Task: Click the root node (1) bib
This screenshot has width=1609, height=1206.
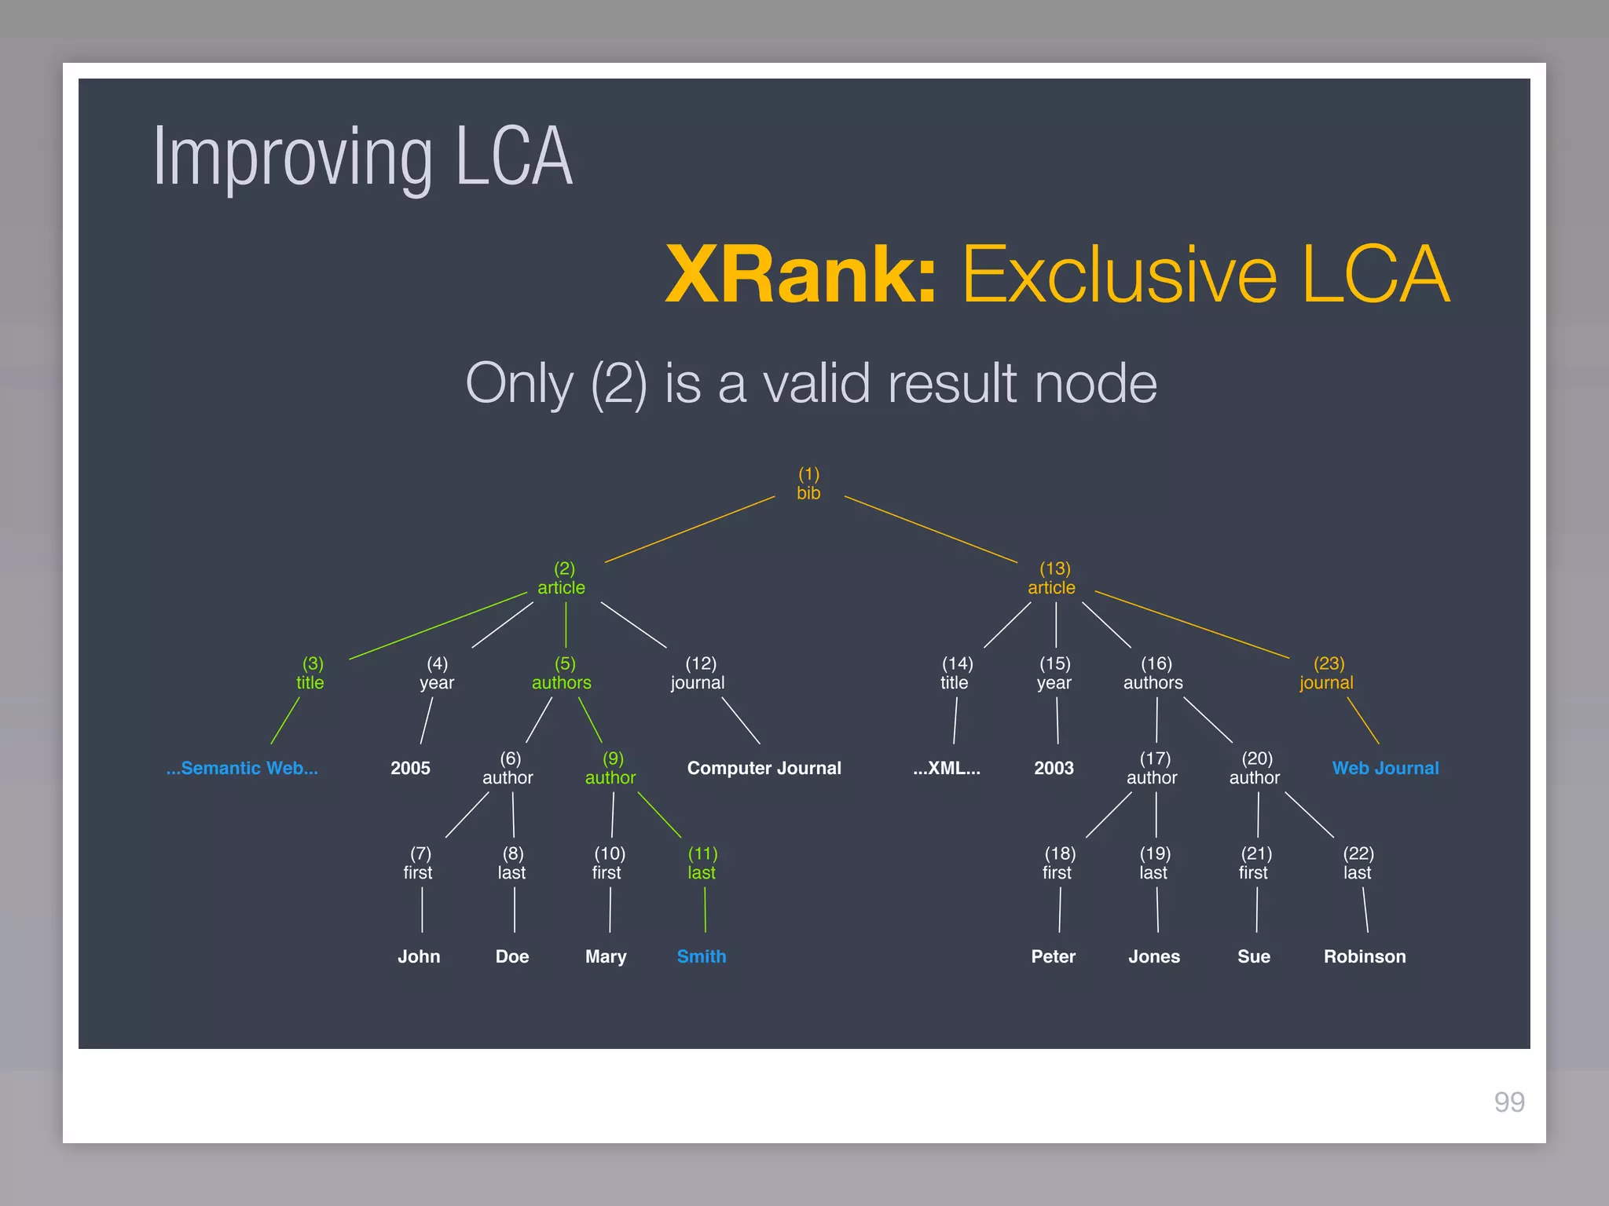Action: (808, 484)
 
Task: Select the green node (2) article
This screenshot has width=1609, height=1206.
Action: (562, 579)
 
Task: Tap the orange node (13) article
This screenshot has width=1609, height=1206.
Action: (1052, 579)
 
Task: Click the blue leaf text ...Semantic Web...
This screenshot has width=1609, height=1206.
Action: (242, 768)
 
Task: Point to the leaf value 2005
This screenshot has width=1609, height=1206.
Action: (410, 768)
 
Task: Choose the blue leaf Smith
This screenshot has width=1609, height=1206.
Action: (702, 956)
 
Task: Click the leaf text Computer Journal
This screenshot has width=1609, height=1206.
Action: (764, 768)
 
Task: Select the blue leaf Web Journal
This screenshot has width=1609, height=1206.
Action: (1385, 768)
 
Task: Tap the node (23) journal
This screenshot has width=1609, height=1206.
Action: (1327, 674)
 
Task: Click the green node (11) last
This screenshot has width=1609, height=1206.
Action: (702, 863)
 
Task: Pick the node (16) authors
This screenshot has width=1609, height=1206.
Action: (1153, 674)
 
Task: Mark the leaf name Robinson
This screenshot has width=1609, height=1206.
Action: (1365, 956)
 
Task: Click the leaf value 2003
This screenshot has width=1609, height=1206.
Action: (1054, 768)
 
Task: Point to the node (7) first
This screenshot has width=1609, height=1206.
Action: (419, 863)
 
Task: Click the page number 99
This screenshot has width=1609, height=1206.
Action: (1509, 1102)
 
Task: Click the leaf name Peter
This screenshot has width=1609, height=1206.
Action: (1053, 956)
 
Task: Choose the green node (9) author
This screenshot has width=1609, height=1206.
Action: (611, 768)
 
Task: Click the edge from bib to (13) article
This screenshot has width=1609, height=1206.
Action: (931, 529)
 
